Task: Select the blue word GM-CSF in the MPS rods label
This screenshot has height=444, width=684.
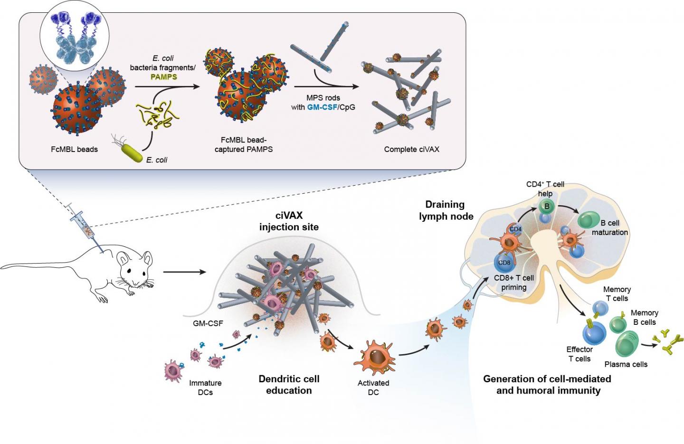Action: [322, 107]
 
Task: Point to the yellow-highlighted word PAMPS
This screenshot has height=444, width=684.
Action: [164, 77]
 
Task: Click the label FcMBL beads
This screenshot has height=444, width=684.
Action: [74, 150]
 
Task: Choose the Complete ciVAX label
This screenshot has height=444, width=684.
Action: [411, 150]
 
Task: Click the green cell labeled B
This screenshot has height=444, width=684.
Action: [547, 206]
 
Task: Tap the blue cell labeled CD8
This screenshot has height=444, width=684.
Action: [504, 263]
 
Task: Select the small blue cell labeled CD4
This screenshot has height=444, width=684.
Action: [515, 229]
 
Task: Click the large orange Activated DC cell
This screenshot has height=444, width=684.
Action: [375, 357]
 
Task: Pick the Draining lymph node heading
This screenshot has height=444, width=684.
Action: [446, 210]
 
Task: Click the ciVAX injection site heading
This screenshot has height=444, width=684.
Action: [289, 221]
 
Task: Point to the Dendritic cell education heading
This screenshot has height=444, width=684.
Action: [289, 385]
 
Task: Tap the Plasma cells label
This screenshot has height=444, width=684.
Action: [626, 365]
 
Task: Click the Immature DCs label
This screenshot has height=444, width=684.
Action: [205, 387]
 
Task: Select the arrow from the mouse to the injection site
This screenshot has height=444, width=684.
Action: [184, 272]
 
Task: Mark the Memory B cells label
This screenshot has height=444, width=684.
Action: [644, 317]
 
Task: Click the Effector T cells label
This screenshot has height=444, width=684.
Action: [579, 354]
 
